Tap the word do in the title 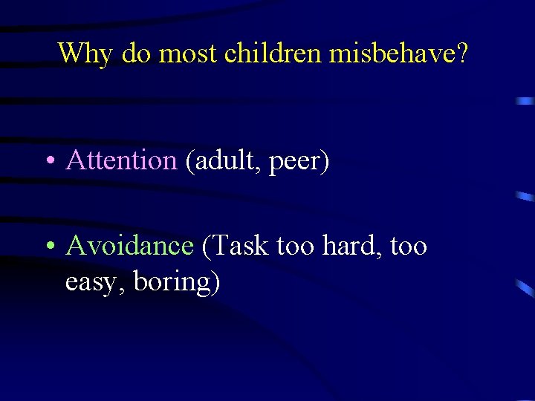click(x=136, y=53)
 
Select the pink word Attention click(x=121, y=160)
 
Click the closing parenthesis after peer click(x=324, y=161)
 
